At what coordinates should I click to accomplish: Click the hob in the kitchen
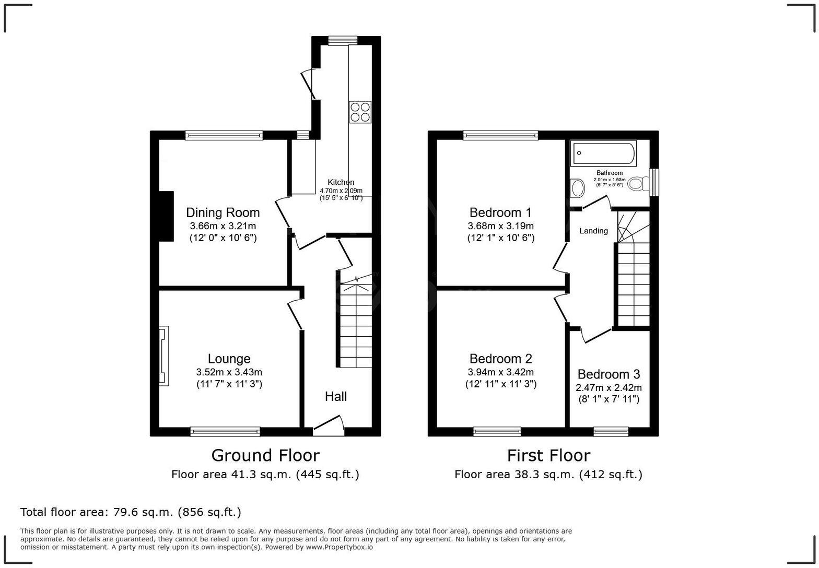click(x=360, y=112)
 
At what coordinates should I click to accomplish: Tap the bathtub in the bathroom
click(x=603, y=153)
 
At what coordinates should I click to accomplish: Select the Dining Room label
click(x=223, y=212)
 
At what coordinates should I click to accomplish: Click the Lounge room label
click(x=229, y=359)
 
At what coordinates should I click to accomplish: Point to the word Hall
click(x=336, y=396)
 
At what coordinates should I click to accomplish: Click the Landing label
click(x=593, y=231)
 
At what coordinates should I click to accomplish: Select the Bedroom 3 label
click(x=609, y=374)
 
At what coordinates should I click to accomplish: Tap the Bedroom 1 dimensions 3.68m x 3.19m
click(x=500, y=226)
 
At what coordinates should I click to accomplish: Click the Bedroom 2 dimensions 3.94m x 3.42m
click(x=500, y=372)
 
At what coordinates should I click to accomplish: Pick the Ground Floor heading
click(x=265, y=455)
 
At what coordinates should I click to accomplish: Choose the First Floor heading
click(x=548, y=455)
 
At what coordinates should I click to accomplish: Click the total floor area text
click(x=131, y=512)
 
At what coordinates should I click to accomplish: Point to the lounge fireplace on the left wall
click(x=164, y=356)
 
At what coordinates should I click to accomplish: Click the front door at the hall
click(x=329, y=427)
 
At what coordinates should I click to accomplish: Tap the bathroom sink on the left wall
click(x=577, y=187)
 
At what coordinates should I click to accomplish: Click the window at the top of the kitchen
click(x=343, y=40)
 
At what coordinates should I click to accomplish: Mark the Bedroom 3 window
click(x=611, y=431)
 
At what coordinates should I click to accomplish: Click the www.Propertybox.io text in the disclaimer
click(x=339, y=547)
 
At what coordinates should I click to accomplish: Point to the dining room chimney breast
click(x=166, y=216)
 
